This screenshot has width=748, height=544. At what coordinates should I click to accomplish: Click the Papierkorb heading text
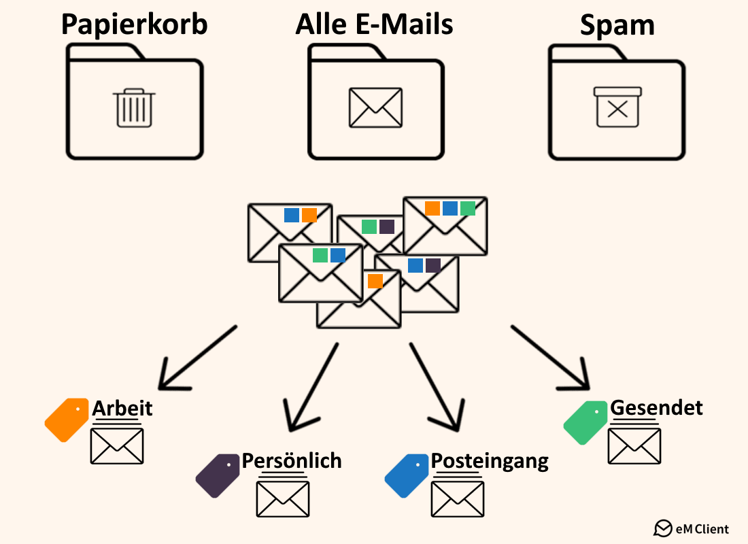pyautogui.click(x=134, y=24)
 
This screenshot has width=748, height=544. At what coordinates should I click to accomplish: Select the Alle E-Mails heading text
pyautogui.click(x=374, y=24)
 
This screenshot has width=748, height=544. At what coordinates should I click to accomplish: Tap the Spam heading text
pyautogui.click(x=617, y=25)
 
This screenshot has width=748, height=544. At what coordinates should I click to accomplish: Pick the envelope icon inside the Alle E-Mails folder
pyautogui.click(x=375, y=107)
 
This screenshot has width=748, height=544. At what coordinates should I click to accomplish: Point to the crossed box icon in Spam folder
pyautogui.click(x=617, y=107)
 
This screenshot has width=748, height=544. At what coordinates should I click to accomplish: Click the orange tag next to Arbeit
pyautogui.click(x=66, y=420)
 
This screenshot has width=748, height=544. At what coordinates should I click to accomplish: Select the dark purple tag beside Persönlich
pyautogui.click(x=218, y=475)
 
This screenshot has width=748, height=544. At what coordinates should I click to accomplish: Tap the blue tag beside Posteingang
pyautogui.click(x=407, y=475)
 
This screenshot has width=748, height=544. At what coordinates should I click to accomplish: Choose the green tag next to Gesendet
pyautogui.click(x=585, y=422)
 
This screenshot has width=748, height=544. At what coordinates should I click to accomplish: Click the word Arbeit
pyautogui.click(x=122, y=408)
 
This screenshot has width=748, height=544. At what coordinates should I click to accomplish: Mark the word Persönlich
pyautogui.click(x=292, y=460)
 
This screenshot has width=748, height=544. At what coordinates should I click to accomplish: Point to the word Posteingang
pyautogui.click(x=490, y=461)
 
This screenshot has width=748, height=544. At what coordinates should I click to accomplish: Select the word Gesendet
pyautogui.click(x=656, y=407)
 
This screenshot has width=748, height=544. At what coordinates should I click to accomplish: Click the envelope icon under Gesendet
pyautogui.click(x=634, y=445)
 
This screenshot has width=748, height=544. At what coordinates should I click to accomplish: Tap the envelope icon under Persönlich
pyautogui.click(x=283, y=498)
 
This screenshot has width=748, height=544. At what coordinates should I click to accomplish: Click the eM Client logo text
pyautogui.click(x=700, y=528)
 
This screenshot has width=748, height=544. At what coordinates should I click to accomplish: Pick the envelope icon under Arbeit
pyautogui.click(x=117, y=445)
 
